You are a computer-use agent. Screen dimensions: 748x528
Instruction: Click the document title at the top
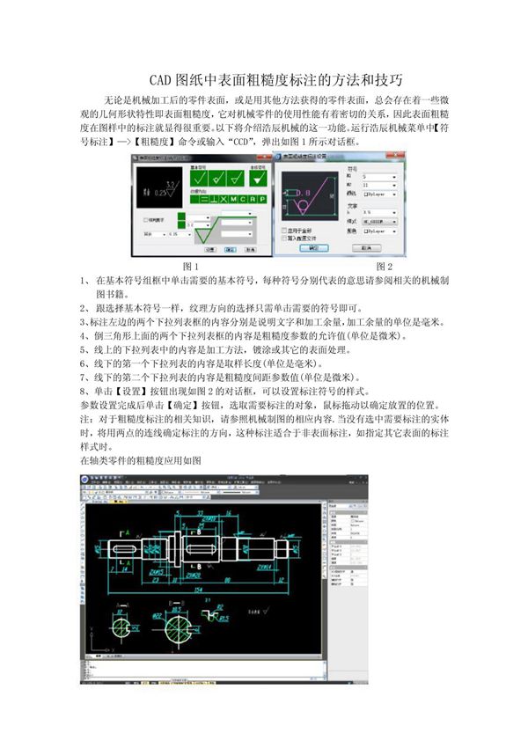(264, 77)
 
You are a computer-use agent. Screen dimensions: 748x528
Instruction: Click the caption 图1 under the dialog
(190, 265)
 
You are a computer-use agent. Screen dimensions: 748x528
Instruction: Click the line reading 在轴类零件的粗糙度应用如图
(141, 459)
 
